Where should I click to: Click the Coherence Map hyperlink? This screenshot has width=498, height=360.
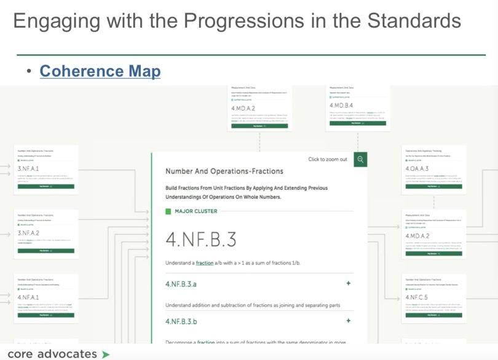click(x=100, y=72)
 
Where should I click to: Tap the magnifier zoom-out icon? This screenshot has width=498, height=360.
click(x=361, y=160)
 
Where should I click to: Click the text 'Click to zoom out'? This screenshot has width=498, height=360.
click(x=328, y=160)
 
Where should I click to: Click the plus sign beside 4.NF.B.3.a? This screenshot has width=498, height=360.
click(x=349, y=284)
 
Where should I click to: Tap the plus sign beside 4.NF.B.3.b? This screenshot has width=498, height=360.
click(x=349, y=321)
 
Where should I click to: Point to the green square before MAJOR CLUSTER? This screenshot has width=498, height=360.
click(x=169, y=212)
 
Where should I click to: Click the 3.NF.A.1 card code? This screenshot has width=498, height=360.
click(x=29, y=169)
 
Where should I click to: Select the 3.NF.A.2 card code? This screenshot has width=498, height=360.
click(x=29, y=233)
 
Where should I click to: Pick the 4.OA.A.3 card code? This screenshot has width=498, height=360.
click(x=417, y=168)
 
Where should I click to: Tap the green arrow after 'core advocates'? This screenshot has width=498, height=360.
click(x=106, y=354)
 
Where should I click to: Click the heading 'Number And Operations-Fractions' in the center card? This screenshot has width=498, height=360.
click(x=224, y=171)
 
